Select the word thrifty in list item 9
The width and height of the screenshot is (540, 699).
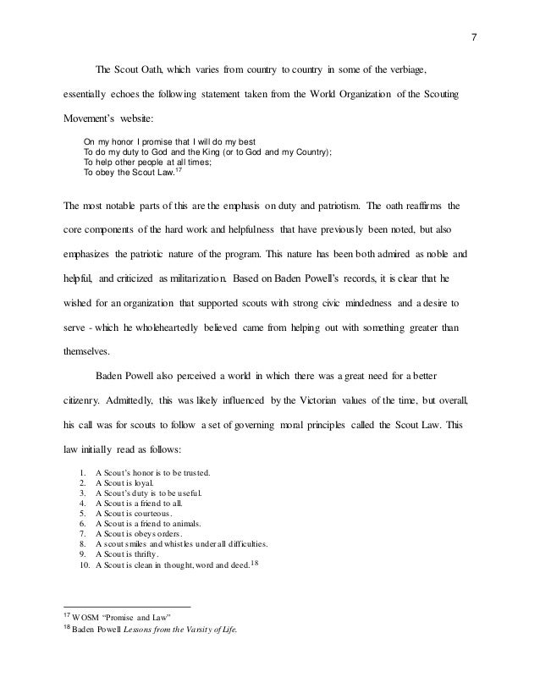161,553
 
